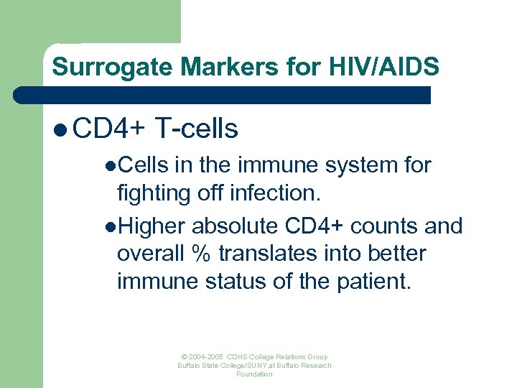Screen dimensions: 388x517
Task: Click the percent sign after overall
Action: [200, 254]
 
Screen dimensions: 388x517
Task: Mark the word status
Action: [231, 281]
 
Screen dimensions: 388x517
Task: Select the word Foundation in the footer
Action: [254, 374]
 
